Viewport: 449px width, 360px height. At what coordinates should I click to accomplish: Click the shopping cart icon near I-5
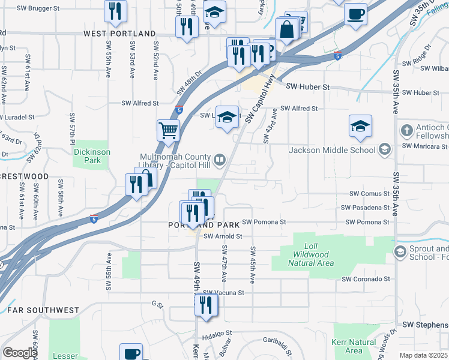tap(169, 130)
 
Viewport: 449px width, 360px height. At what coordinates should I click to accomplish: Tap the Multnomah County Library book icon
tap(220, 159)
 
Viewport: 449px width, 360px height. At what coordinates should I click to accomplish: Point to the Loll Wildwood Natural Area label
tap(310, 254)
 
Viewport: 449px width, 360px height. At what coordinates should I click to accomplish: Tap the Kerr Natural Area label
tap(354, 346)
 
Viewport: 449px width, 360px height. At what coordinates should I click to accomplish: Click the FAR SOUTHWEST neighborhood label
tap(43, 310)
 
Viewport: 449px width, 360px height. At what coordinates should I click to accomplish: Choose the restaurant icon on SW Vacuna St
tap(206, 305)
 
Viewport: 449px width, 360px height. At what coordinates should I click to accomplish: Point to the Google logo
tap(20, 353)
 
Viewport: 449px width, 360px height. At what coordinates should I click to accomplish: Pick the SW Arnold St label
tap(222, 236)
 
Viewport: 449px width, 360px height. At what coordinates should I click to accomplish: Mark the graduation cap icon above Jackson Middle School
tap(360, 126)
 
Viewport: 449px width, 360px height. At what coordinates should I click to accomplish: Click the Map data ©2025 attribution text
tap(423, 355)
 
